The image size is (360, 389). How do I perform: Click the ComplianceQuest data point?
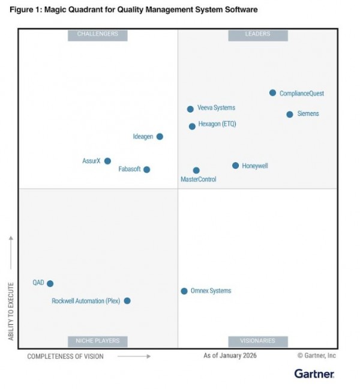click(x=272, y=93)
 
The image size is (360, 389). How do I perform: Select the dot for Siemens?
click(x=290, y=114)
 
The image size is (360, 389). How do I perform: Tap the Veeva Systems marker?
click(x=190, y=109)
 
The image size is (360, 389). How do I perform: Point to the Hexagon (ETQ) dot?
click(x=192, y=127)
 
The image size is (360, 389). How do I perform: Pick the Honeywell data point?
click(x=235, y=166)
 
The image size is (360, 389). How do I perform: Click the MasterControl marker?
click(x=196, y=170)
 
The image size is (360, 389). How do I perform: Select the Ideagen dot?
click(x=160, y=137)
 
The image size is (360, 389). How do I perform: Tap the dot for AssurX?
click(x=107, y=161)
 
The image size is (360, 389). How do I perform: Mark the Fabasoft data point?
click(x=146, y=169)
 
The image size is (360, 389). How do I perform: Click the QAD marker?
click(x=50, y=283)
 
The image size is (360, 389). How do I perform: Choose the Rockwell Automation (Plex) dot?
click(x=127, y=301)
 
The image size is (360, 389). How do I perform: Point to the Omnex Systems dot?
click(x=184, y=291)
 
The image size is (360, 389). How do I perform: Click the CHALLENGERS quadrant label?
click(x=98, y=35)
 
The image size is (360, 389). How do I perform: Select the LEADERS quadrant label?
click(x=258, y=35)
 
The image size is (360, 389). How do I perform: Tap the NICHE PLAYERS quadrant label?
click(x=98, y=341)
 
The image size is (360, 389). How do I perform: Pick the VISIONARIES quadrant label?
click(x=258, y=341)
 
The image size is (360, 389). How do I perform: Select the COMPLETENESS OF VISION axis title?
click(x=65, y=357)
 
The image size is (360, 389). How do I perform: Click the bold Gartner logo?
click(x=314, y=374)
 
